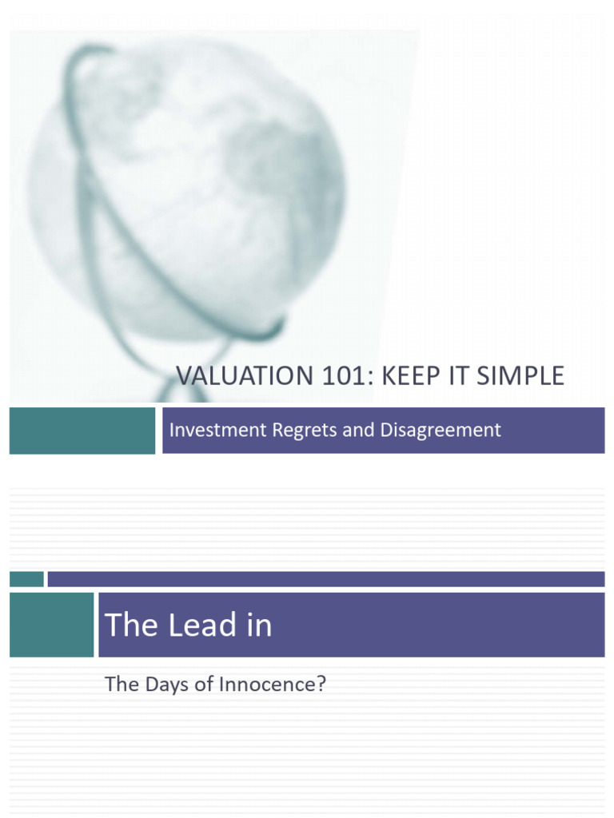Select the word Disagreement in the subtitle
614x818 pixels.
pos(441,430)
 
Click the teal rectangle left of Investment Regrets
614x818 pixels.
pos(82,430)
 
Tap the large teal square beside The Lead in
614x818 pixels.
pos(51,625)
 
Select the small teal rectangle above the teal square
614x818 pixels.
pos(26,579)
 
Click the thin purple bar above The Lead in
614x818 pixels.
pos(325,579)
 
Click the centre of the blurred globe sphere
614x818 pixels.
pos(188,192)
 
